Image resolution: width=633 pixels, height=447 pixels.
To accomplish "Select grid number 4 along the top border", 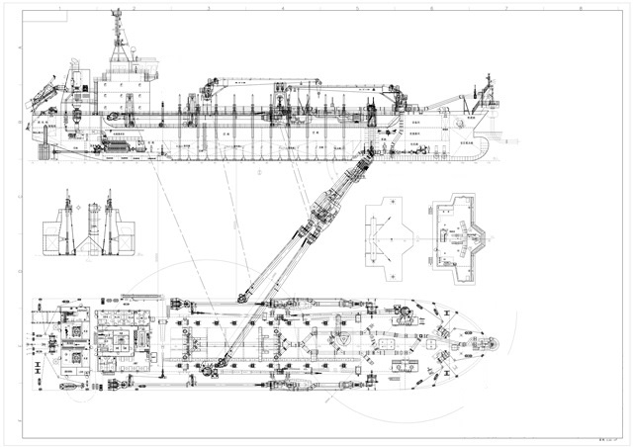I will tap(282, 7).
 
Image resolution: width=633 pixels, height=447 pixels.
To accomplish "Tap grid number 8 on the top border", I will tap(580, 7).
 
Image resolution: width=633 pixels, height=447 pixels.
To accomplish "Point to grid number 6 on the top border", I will tap(431, 7).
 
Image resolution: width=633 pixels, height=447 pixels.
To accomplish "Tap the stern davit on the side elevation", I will tap(44, 99).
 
